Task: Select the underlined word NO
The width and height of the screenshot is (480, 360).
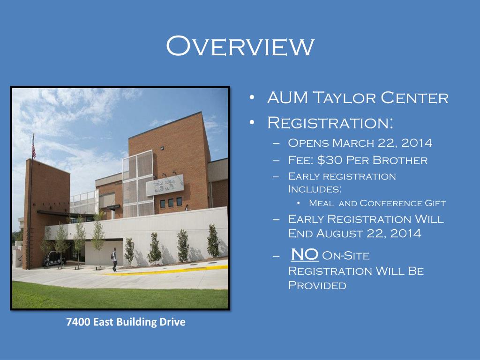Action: (x=305, y=255)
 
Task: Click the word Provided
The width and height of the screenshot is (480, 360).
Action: (x=317, y=285)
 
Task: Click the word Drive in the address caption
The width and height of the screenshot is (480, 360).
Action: (x=172, y=322)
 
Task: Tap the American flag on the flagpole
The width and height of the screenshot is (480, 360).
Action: (x=33, y=147)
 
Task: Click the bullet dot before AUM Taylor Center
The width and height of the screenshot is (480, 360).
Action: (x=252, y=98)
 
